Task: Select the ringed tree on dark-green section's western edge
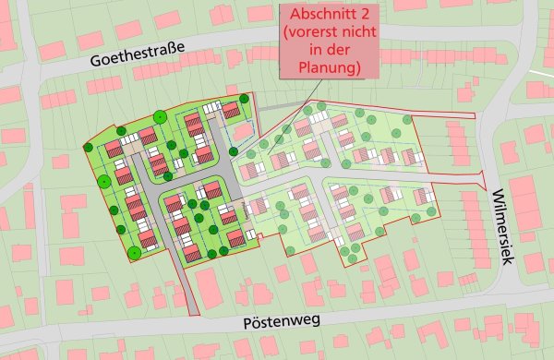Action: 104,180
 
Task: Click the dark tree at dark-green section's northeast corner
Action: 244,98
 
